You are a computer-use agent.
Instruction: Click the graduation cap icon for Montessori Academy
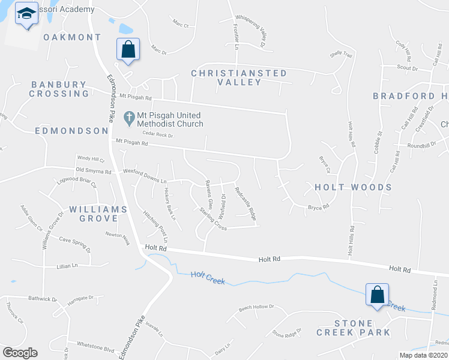pyautogui.click(x=26, y=13)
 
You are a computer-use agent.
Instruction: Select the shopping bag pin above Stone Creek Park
pyautogui.click(x=377, y=295)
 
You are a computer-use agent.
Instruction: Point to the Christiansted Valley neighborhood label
pyautogui.click(x=239, y=77)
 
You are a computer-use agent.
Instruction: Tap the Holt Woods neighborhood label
pyautogui.click(x=353, y=187)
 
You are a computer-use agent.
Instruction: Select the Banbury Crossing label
pyautogui.click(x=60, y=89)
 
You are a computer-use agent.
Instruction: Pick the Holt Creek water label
pyautogui.click(x=208, y=277)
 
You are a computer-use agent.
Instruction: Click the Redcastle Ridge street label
pyautogui.click(x=246, y=205)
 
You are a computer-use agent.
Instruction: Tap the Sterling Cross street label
pyautogui.click(x=212, y=219)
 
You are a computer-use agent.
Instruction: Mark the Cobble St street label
pyautogui.click(x=378, y=142)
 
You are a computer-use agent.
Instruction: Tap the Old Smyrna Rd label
pyautogui.click(x=94, y=172)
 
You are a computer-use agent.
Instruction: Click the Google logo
pyautogui.click(x=20, y=352)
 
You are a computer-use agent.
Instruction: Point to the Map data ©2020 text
pyautogui.click(x=423, y=355)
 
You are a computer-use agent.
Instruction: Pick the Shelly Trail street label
pyautogui.click(x=340, y=55)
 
